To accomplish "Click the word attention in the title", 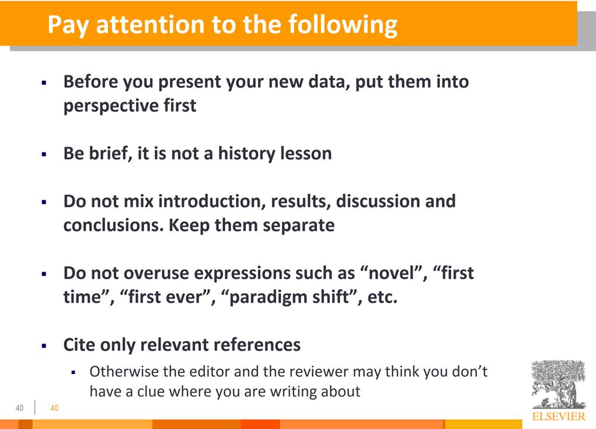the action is pyautogui.click(x=151, y=25).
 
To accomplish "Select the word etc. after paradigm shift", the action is pyautogui.click(x=382, y=297).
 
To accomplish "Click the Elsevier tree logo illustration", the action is pyautogui.click(x=559, y=384).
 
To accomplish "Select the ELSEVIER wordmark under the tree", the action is pyautogui.click(x=559, y=416).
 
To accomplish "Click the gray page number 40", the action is pyautogui.click(x=19, y=408).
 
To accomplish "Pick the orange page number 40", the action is pyautogui.click(x=54, y=408).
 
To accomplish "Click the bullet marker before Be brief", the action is pyautogui.click(x=44, y=154).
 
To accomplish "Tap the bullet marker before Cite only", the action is pyautogui.click(x=44, y=346).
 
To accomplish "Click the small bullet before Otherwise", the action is pyautogui.click(x=74, y=372).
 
